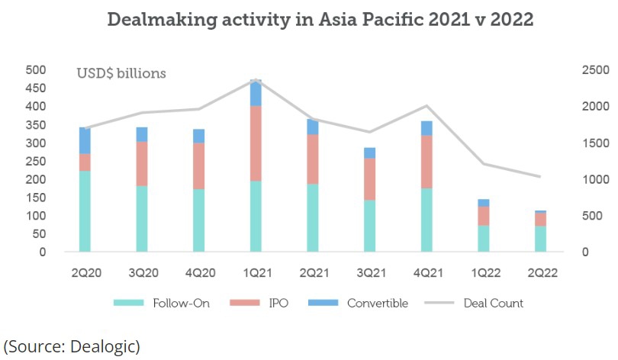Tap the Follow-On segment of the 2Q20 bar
coord(85,211)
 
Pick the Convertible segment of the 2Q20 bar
coord(85,140)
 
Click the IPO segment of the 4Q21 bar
coord(426,162)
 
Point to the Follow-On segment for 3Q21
coord(369,226)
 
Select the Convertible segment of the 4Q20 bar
coord(198,136)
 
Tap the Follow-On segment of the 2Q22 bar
coord(540,239)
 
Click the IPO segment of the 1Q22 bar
coord(484,216)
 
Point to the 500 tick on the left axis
coord(36,70)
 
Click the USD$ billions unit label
coord(121,74)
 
